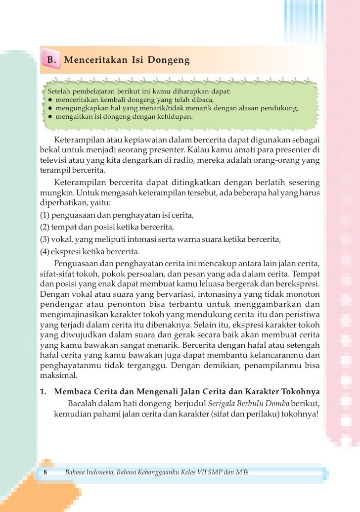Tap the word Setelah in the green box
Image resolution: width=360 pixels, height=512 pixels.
point(59,92)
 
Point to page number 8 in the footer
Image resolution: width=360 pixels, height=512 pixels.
point(45,473)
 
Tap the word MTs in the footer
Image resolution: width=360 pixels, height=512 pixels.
point(243,473)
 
